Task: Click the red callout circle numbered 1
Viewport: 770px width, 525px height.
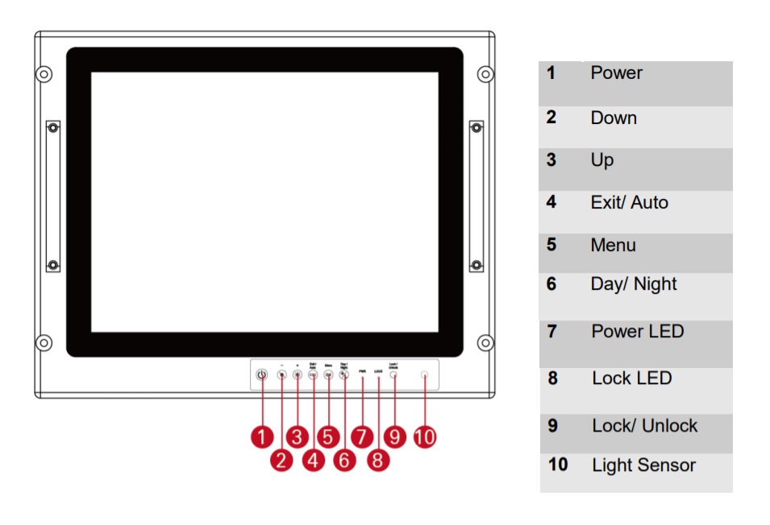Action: click(x=261, y=436)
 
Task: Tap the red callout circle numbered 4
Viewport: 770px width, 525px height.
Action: click(x=313, y=460)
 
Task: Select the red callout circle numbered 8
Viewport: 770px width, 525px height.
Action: click(x=377, y=460)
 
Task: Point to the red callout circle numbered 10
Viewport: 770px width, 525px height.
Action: click(x=424, y=436)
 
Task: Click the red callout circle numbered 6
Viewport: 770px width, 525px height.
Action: click(x=344, y=460)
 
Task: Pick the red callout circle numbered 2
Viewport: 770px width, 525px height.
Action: click(x=281, y=460)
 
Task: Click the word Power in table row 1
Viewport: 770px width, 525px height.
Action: click(x=616, y=73)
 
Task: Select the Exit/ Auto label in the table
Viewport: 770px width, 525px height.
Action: click(x=629, y=203)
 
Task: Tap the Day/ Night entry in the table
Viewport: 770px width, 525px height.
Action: click(x=633, y=284)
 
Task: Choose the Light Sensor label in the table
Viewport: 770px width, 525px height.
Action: click(x=643, y=465)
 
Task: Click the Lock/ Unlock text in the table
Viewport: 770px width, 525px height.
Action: click(x=644, y=426)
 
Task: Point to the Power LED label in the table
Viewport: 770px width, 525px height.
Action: click(x=637, y=332)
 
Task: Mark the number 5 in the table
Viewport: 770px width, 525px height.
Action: click(x=551, y=245)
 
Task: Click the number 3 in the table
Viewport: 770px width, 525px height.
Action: click(x=551, y=160)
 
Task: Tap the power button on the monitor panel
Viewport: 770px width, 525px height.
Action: click(x=261, y=375)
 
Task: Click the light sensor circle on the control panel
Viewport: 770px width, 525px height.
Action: click(x=424, y=374)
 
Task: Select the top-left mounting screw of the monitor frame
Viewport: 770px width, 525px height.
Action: click(x=44, y=75)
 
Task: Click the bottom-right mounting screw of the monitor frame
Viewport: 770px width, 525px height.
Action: click(x=485, y=343)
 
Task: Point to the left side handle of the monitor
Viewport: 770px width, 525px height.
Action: click(x=52, y=196)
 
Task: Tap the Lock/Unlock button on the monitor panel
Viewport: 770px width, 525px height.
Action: click(x=393, y=375)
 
